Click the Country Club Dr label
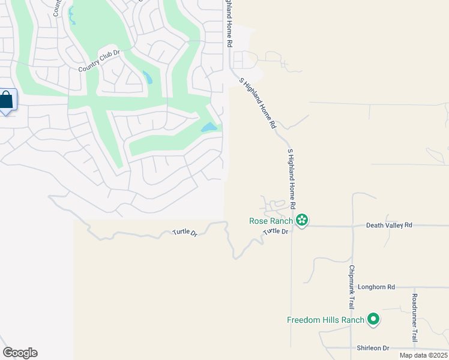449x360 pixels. point(100,61)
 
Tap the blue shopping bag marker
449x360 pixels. point(7,100)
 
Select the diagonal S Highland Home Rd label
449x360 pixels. point(258,103)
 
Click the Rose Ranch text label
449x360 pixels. point(271,221)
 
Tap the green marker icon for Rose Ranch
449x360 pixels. point(302,221)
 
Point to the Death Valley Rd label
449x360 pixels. point(390,225)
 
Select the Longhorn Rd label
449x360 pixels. point(376,287)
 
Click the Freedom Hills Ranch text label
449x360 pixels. point(325,320)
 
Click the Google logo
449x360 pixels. point(20,353)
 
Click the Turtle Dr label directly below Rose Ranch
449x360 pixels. point(277,231)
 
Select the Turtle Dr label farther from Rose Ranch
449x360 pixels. point(185,232)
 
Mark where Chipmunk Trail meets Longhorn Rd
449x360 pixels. point(352,287)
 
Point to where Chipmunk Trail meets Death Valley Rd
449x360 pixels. point(352,226)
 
